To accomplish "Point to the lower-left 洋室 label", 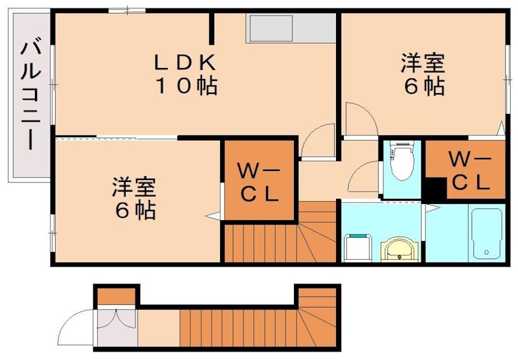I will pos(134,187).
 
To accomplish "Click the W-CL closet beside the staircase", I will pos(258,182).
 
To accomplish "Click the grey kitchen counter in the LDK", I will pos(291,28).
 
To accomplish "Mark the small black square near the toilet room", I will pos(434,189).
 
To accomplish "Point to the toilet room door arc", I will pos(366,175).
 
